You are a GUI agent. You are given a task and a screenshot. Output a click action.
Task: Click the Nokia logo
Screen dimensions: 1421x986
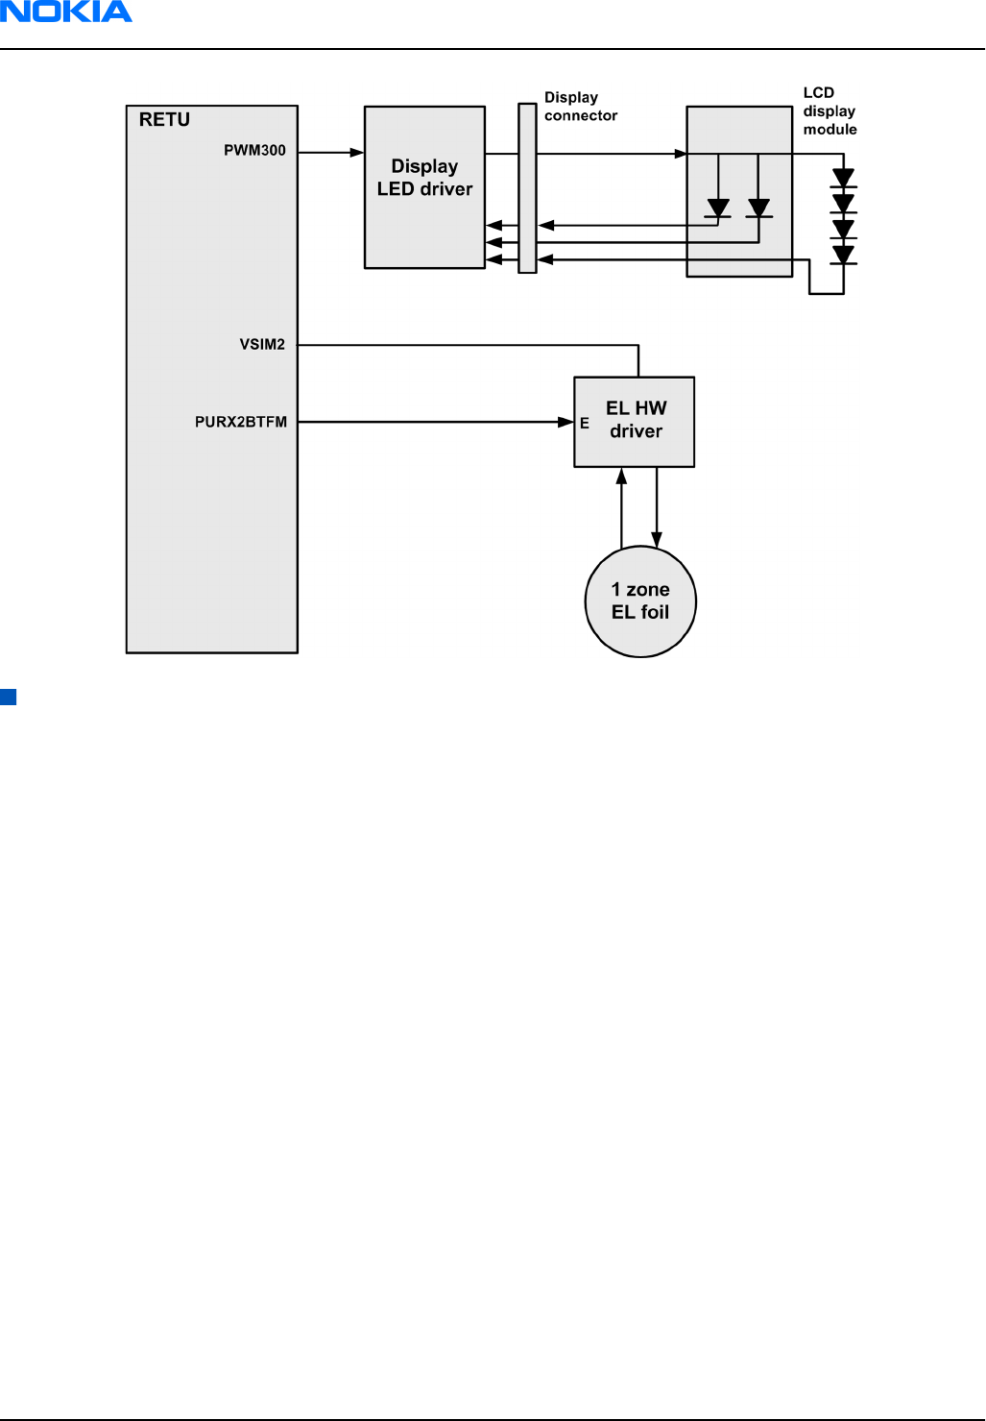(x=66, y=12)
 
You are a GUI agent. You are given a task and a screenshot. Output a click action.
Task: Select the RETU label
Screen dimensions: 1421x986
(x=164, y=120)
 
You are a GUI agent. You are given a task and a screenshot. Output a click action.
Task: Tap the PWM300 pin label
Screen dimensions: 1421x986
(x=254, y=151)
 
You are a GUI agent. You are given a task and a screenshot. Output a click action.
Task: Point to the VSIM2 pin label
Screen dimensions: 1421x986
(x=262, y=344)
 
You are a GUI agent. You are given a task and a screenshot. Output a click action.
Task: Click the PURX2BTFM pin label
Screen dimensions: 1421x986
(x=241, y=422)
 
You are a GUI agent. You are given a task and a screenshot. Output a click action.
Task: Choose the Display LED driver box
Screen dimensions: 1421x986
(x=424, y=187)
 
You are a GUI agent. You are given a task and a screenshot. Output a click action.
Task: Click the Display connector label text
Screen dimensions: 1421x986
(x=580, y=107)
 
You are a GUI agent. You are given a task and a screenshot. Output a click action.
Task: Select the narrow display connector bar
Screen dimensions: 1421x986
(x=527, y=188)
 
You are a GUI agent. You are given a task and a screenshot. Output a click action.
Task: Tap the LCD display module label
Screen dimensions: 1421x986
(x=830, y=111)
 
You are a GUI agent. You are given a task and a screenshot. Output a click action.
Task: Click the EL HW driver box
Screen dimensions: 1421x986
(x=635, y=422)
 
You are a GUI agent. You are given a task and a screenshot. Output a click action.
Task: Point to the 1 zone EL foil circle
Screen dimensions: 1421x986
(x=640, y=601)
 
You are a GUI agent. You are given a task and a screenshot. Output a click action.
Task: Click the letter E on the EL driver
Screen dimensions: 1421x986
(x=584, y=424)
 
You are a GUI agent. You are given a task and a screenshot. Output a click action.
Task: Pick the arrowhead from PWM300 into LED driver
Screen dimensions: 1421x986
(x=357, y=153)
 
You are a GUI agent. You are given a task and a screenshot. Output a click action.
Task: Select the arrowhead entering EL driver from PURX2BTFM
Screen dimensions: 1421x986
(x=566, y=422)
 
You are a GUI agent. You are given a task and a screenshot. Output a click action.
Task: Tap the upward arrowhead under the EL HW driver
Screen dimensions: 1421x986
(x=621, y=476)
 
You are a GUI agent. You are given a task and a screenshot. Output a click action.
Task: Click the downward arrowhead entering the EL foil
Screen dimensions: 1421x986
(x=657, y=540)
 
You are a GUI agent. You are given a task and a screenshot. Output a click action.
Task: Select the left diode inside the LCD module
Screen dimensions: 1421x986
(x=718, y=208)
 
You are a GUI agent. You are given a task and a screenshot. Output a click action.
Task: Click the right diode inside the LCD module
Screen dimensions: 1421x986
(x=758, y=208)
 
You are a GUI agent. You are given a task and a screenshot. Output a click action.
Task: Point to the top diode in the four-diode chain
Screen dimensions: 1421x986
(x=843, y=179)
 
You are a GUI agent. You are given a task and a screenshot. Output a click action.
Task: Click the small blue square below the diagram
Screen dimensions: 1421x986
(x=9, y=698)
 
